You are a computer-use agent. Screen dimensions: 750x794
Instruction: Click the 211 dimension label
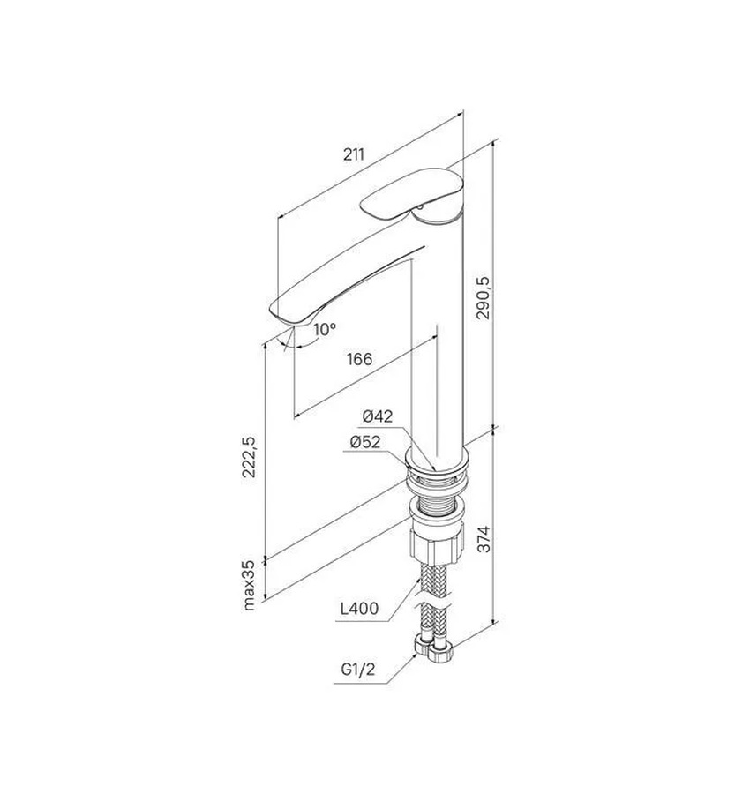[x=354, y=154]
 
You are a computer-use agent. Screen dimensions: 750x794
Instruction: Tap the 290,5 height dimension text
[x=484, y=298]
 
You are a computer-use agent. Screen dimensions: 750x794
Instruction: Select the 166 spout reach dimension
[x=359, y=359]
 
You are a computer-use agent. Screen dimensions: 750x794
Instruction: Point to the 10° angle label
[x=324, y=330]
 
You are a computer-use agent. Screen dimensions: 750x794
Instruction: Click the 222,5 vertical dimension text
[x=249, y=457]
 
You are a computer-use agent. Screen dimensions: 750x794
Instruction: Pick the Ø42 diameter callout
[x=378, y=416]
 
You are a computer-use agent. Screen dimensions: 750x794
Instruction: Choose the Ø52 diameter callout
[x=364, y=442]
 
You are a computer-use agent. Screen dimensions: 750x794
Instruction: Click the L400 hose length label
[x=359, y=608]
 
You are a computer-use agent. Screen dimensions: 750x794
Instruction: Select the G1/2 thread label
[x=358, y=670]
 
